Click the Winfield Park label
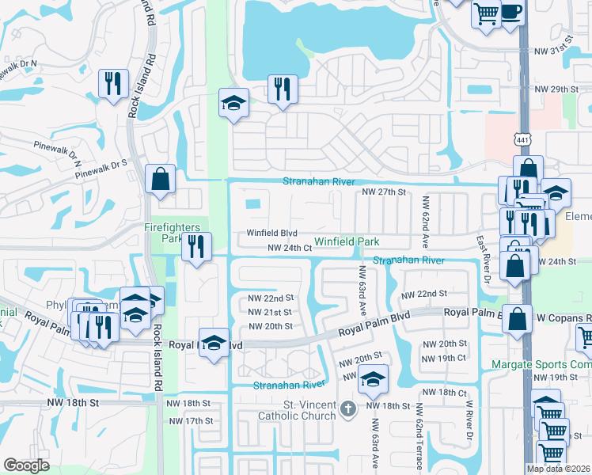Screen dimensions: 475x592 point(347,241)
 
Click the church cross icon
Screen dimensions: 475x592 point(347,409)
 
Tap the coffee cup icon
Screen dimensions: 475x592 point(512,13)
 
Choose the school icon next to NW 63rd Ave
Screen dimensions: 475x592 point(373,379)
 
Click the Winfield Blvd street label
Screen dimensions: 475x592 point(271,233)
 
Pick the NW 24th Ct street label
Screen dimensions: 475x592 point(289,248)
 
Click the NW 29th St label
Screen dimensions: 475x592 point(557,89)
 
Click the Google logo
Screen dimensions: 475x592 point(26,465)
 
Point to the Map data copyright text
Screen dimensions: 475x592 point(558,469)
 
